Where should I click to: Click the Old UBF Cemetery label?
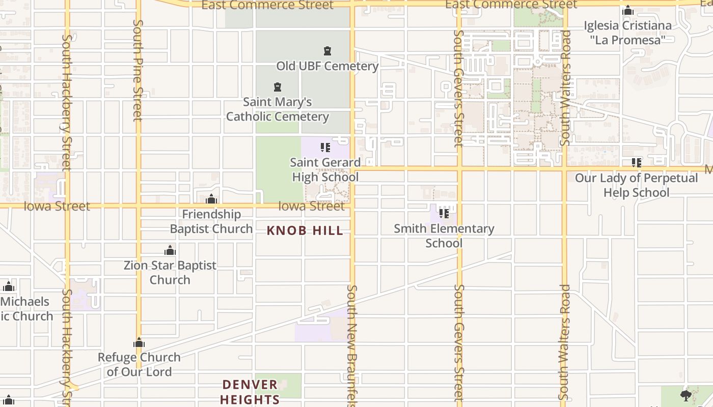(x=327, y=66)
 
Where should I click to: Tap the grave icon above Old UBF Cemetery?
(x=327, y=51)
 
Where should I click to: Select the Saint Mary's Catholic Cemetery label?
(x=278, y=109)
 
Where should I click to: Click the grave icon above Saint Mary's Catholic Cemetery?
(x=278, y=87)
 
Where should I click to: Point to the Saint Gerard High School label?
(x=325, y=169)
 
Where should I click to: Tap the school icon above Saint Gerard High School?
(x=325, y=148)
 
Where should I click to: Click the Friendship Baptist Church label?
(x=211, y=221)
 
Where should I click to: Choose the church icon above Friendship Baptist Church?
(x=211, y=198)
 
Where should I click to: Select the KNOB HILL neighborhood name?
(x=305, y=230)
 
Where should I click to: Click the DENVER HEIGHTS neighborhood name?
(x=250, y=392)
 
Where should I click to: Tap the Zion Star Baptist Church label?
(x=170, y=272)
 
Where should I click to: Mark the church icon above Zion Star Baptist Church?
(x=170, y=250)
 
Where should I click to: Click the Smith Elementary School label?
(x=444, y=236)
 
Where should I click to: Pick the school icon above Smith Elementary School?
(x=444, y=214)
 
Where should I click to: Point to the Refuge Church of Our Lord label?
(x=139, y=364)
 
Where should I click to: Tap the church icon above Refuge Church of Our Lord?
(x=139, y=342)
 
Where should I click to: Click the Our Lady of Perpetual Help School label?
(x=636, y=185)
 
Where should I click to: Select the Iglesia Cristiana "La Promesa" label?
(x=627, y=33)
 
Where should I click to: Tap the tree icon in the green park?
(x=685, y=395)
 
